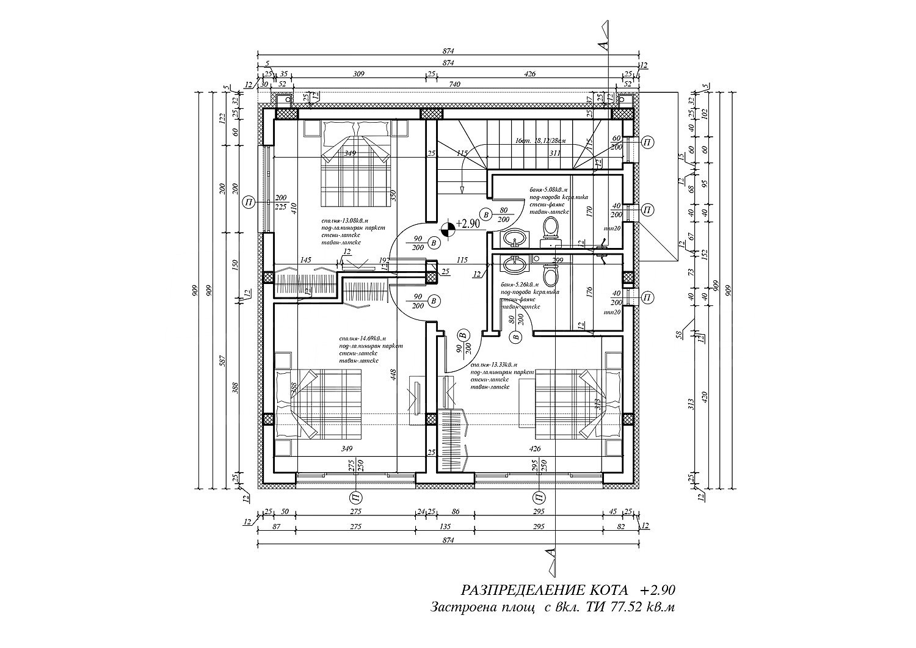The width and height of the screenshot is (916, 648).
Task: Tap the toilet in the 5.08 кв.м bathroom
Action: tap(551, 229)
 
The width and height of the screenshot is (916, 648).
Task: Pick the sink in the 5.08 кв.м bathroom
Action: tap(515, 237)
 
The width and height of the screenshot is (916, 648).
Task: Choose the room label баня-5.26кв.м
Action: tap(520, 285)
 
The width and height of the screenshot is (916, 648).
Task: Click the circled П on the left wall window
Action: tap(248, 202)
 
